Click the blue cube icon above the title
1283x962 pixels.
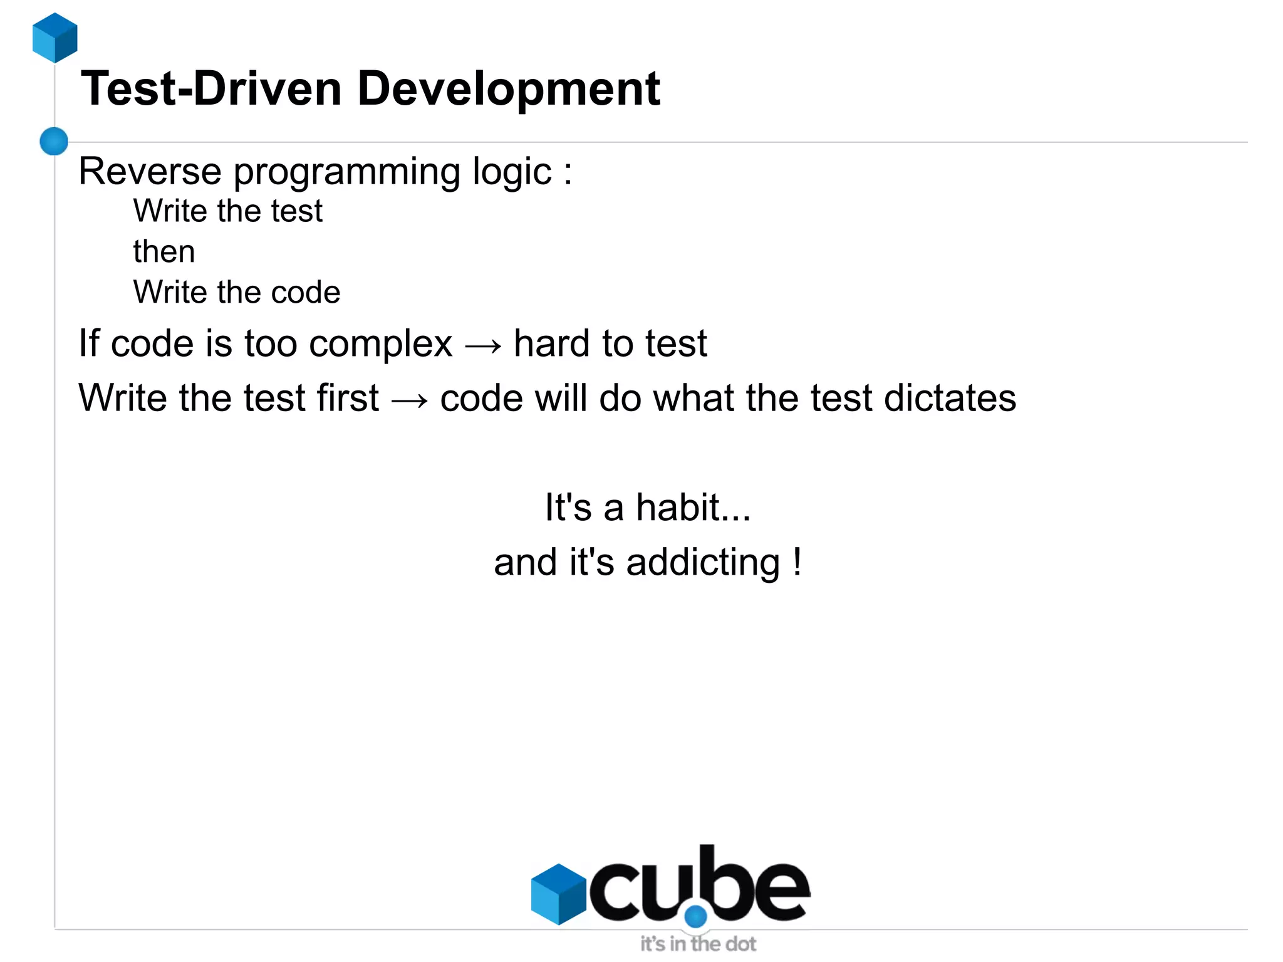click(55, 38)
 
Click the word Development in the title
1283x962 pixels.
click(508, 89)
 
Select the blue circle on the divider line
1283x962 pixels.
click(54, 141)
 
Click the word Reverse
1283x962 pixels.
click(150, 171)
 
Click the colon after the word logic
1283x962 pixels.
click(568, 172)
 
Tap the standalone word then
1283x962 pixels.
click(164, 252)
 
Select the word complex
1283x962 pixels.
click(380, 345)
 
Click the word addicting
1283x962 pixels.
click(703, 562)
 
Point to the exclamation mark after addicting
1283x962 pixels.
click(797, 561)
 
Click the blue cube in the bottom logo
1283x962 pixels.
click(558, 894)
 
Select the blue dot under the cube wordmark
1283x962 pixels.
click(695, 917)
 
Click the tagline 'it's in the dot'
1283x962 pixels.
click(698, 944)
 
